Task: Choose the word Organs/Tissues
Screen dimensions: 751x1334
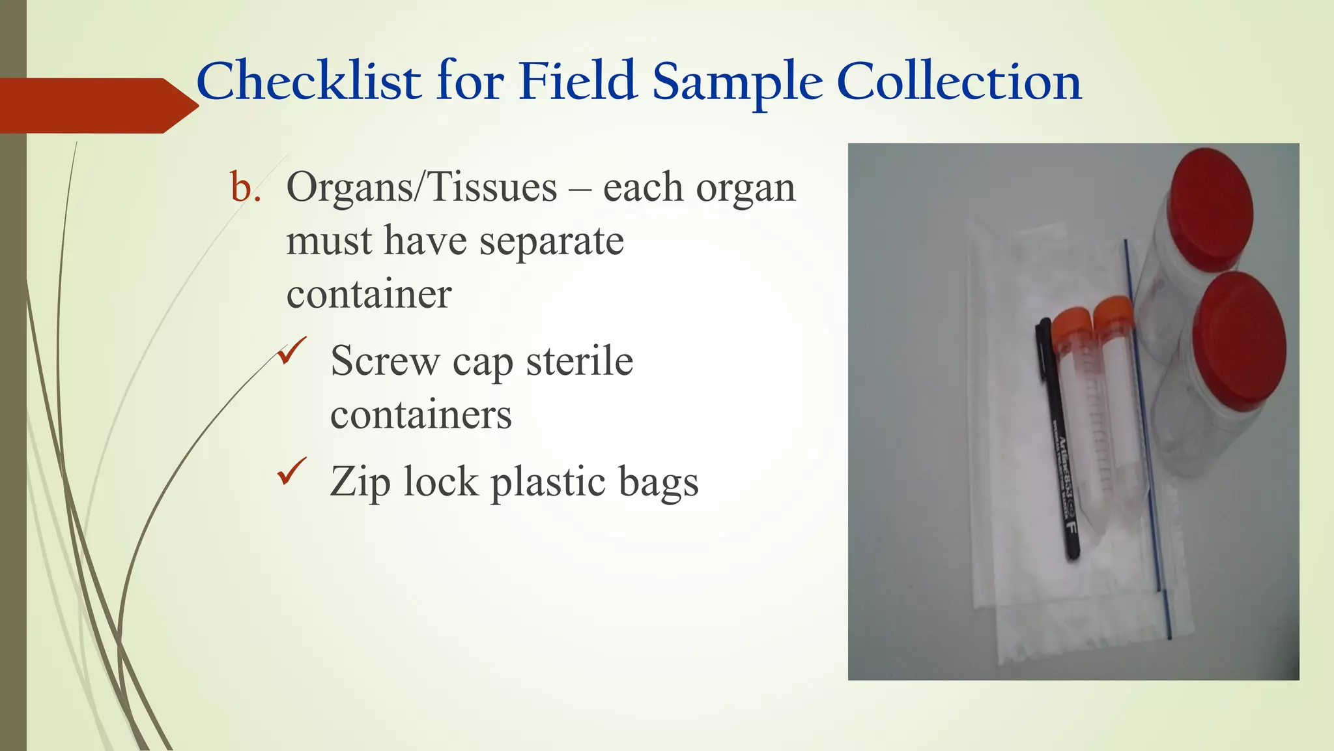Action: tap(421, 188)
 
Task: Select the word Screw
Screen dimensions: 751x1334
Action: tap(385, 361)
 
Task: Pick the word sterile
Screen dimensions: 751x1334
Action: tap(579, 361)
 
